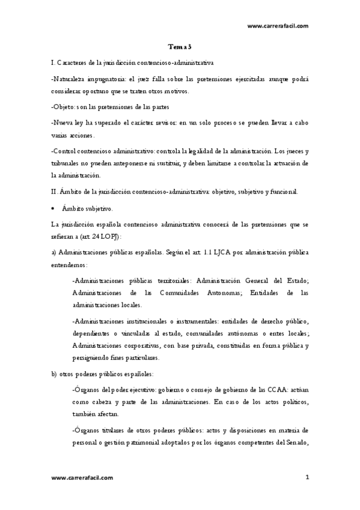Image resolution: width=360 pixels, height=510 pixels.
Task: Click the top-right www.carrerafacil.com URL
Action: [278, 26]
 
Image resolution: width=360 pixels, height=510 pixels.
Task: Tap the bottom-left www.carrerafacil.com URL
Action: [82, 478]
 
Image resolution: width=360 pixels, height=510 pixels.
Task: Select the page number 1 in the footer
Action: [307, 478]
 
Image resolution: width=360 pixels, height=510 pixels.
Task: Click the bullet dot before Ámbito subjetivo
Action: [55, 209]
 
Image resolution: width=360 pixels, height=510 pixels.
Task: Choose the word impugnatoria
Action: [107, 79]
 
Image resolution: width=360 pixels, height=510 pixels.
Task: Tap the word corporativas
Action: [138, 346]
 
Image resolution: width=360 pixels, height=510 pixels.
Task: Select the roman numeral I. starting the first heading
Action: [53, 62]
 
